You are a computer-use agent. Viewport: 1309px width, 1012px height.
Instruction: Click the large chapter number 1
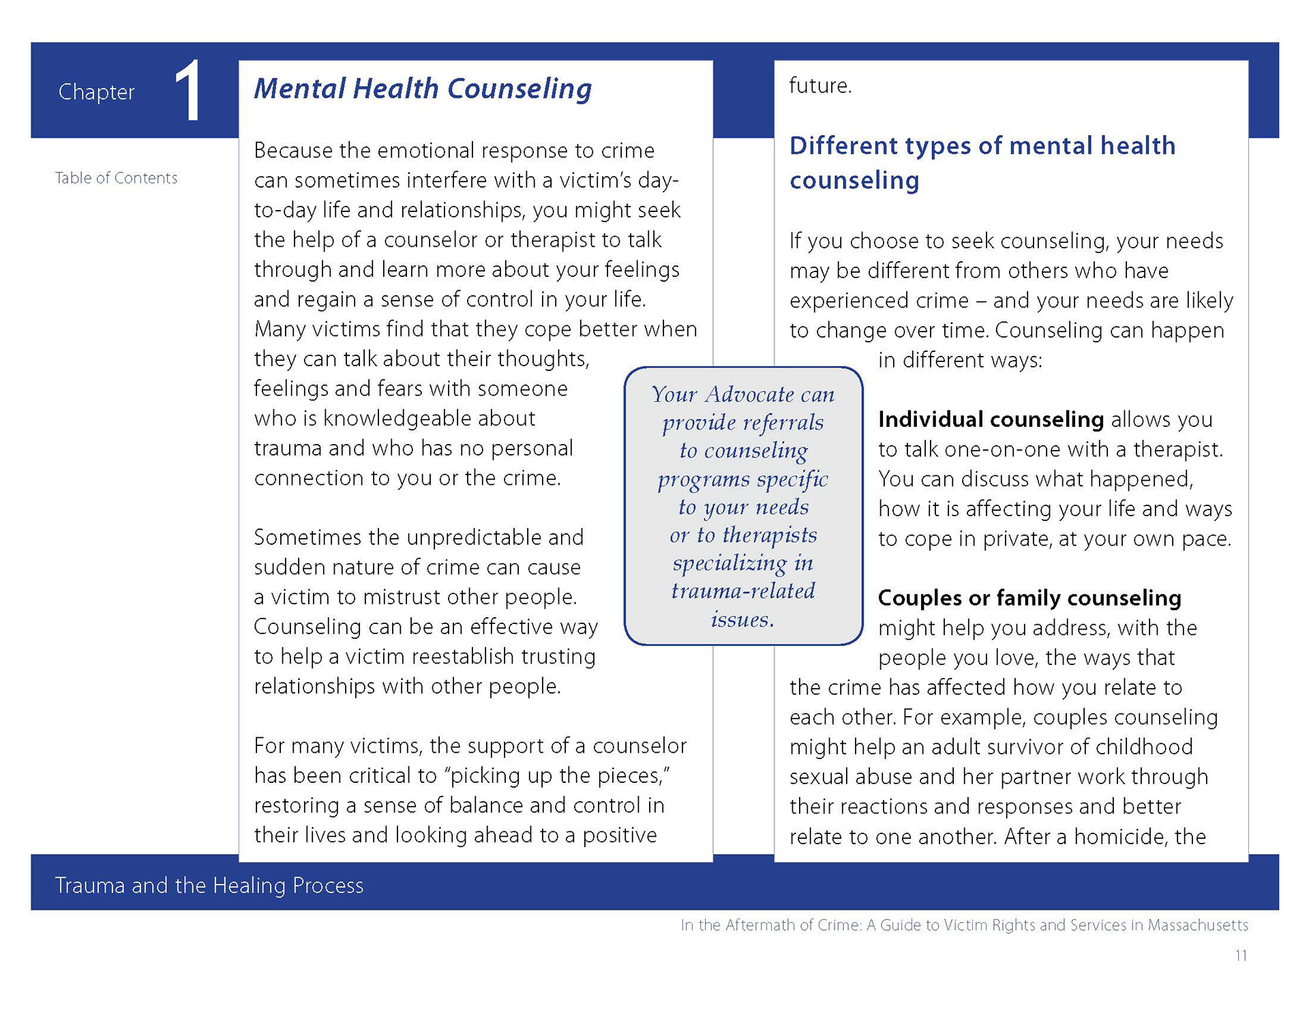click(x=187, y=91)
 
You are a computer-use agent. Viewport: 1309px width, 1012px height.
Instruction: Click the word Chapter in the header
click(x=96, y=92)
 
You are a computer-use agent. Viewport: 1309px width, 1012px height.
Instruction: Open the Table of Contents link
click(x=116, y=178)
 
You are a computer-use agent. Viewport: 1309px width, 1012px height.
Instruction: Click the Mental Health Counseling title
click(x=423, y=89)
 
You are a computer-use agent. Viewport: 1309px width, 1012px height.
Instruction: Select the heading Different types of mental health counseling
click(x=982, y=162)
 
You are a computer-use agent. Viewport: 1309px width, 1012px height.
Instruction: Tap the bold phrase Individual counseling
click(x=991, y=419)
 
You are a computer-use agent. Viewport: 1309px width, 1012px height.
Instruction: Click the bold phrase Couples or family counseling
click(x=1029, y=598)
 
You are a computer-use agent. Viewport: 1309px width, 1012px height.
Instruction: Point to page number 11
click(x=1241, y=955)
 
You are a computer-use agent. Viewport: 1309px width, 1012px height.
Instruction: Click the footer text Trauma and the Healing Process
click(x=209, y=885)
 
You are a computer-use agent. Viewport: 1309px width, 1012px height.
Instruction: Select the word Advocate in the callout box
click(x=750, y=394)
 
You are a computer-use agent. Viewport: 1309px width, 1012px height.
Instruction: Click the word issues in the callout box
click(x=742, y=619)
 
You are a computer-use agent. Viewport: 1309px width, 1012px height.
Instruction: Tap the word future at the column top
click(x=820, y=86)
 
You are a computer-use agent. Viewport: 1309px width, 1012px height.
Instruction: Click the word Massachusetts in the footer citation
click(x=1198, y=925)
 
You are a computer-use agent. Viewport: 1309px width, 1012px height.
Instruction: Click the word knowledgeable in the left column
click(x=395, y=419)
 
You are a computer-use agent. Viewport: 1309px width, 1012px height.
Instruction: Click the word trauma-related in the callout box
click(x=743, y=591)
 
